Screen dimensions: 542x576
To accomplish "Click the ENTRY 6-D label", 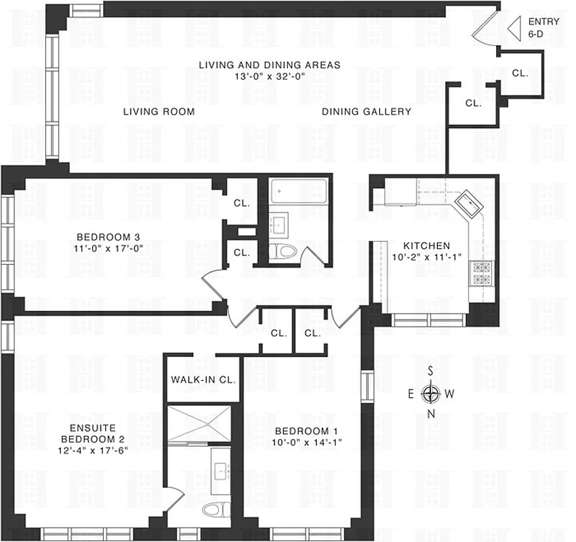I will [543, 27].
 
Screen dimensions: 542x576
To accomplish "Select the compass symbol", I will [431, 393].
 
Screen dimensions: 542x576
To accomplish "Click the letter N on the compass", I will [431, 414].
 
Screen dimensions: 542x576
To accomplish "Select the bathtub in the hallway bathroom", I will [298, 192].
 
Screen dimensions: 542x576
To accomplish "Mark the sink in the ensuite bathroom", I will [222, 467].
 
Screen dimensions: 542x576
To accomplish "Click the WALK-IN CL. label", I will [203, 380].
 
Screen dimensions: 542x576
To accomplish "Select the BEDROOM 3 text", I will [108, 237].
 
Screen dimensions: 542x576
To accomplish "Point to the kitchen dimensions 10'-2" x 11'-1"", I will [427, 257].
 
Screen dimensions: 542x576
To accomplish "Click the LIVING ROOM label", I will [159, 112].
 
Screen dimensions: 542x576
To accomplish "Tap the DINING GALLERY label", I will [366, 112].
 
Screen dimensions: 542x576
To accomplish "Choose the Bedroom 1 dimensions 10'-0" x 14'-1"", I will [304, 442].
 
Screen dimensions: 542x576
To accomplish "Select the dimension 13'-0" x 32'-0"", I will [269, 77].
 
